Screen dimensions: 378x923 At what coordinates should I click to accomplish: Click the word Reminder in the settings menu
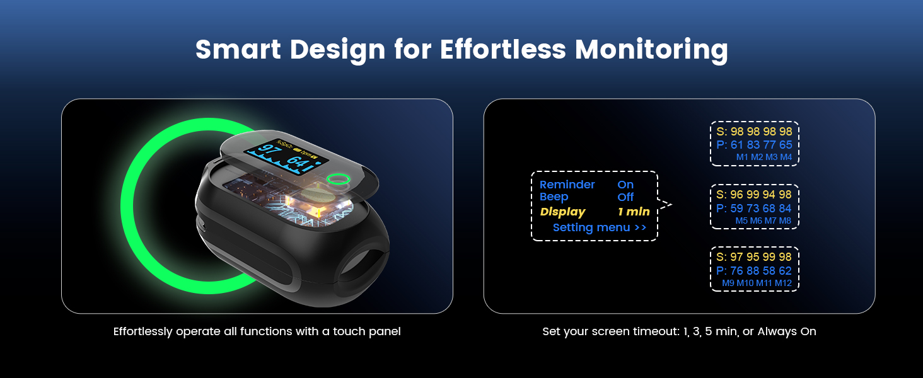click(x=567, y=185)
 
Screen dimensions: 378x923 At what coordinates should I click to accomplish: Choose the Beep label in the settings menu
click(x=554, y=197)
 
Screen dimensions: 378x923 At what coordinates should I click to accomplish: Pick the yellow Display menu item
click(x=562, y=212)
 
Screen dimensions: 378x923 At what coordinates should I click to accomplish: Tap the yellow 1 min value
click(x=633, y=212)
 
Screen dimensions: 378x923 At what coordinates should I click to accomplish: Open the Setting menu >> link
click(x=599, y=228)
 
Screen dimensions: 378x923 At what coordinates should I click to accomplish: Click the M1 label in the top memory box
click(x=741, y=157)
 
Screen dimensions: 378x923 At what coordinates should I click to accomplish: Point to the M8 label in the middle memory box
click(x=785, y=221)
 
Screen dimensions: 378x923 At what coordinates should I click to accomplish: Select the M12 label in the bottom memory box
click(x=783, y=283)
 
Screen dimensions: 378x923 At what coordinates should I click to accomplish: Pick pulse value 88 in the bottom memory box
click(x=753, y=271)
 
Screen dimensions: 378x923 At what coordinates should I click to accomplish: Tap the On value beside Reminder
click(x=625, y=185)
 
